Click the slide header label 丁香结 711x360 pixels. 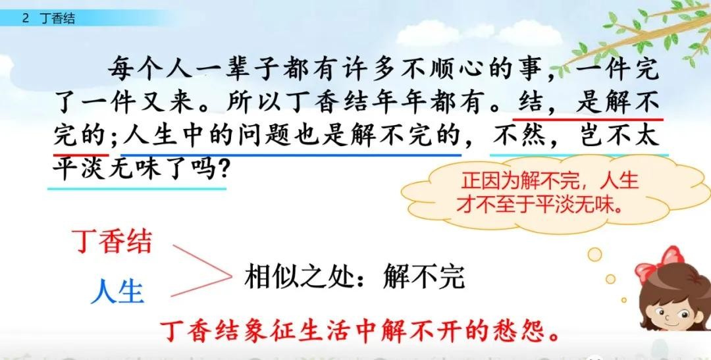coord(57,18)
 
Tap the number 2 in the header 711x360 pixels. coord(26,18)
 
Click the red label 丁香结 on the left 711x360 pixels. coord(112,242)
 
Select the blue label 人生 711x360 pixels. coord(117,291)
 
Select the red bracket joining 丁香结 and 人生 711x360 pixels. coord(202,270)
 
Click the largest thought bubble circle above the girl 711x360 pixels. coord(594,254)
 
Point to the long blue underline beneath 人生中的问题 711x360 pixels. coord(291,155)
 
